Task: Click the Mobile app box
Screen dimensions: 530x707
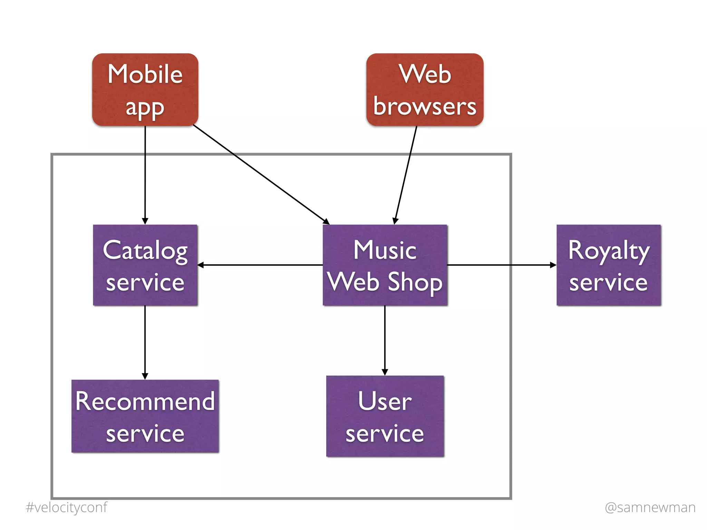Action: [145, 90]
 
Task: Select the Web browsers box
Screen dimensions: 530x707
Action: [425, 90]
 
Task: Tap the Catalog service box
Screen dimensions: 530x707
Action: [145, 265]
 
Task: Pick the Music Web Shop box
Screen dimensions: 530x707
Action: [385, 265]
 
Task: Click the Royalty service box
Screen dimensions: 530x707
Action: [608, 265]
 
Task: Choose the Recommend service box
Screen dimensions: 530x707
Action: [145, 416]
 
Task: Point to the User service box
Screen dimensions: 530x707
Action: [385, 416]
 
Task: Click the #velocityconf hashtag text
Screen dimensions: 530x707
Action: [67, 508]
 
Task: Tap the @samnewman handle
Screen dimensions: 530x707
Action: [650, 508]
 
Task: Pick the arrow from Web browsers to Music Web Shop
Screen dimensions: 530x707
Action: [406, 174]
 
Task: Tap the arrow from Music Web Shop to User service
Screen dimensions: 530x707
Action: [385, 340]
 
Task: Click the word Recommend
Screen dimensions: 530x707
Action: [145, 401]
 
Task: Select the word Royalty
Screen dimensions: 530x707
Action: [609, 251]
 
